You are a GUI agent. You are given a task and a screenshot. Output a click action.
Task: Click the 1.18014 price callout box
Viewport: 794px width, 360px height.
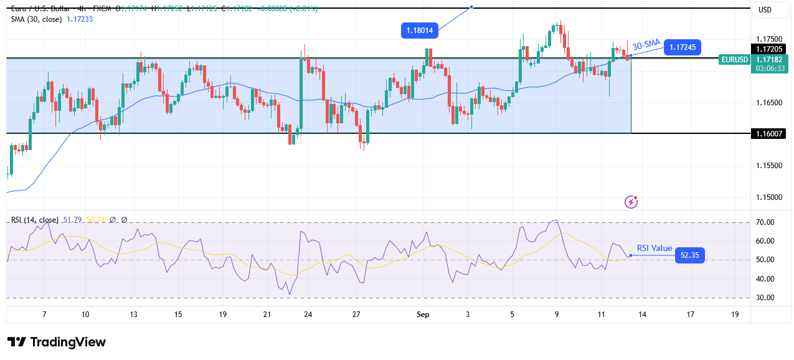tap(421, 30)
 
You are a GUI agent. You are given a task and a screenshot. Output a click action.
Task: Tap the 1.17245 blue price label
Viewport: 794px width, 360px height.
tap(683, 47)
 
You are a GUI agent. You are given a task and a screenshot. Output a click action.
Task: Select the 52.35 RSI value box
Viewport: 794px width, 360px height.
tap(690, 255)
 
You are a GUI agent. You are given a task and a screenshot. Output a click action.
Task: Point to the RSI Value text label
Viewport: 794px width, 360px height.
tap(655, 248)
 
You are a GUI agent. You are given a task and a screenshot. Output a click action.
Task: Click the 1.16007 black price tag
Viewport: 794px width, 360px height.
tap(770, 133)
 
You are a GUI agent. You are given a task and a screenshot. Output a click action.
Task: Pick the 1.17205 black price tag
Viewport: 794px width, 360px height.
tap(770, 49)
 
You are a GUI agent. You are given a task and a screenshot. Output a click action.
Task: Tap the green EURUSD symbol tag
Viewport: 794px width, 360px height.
tap(734, 59)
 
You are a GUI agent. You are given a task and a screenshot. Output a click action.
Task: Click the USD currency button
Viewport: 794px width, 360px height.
tap(765, 9)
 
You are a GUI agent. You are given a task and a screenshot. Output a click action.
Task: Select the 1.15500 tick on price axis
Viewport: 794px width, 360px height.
tap(769, 166)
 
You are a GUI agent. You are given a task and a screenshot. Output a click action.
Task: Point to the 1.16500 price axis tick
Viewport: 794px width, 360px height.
tap(769, 102)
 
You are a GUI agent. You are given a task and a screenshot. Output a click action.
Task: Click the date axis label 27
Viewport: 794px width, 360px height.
tap(356, 315)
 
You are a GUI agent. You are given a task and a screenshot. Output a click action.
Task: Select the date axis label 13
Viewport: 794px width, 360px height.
tap(133, 315)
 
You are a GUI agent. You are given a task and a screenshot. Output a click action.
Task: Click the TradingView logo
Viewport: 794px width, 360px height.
tap(57, 342)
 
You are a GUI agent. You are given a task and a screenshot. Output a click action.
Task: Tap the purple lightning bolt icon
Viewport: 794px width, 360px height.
tap(631, 202)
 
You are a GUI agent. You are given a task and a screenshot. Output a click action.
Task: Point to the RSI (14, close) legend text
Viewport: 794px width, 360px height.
tap(35, 220)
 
